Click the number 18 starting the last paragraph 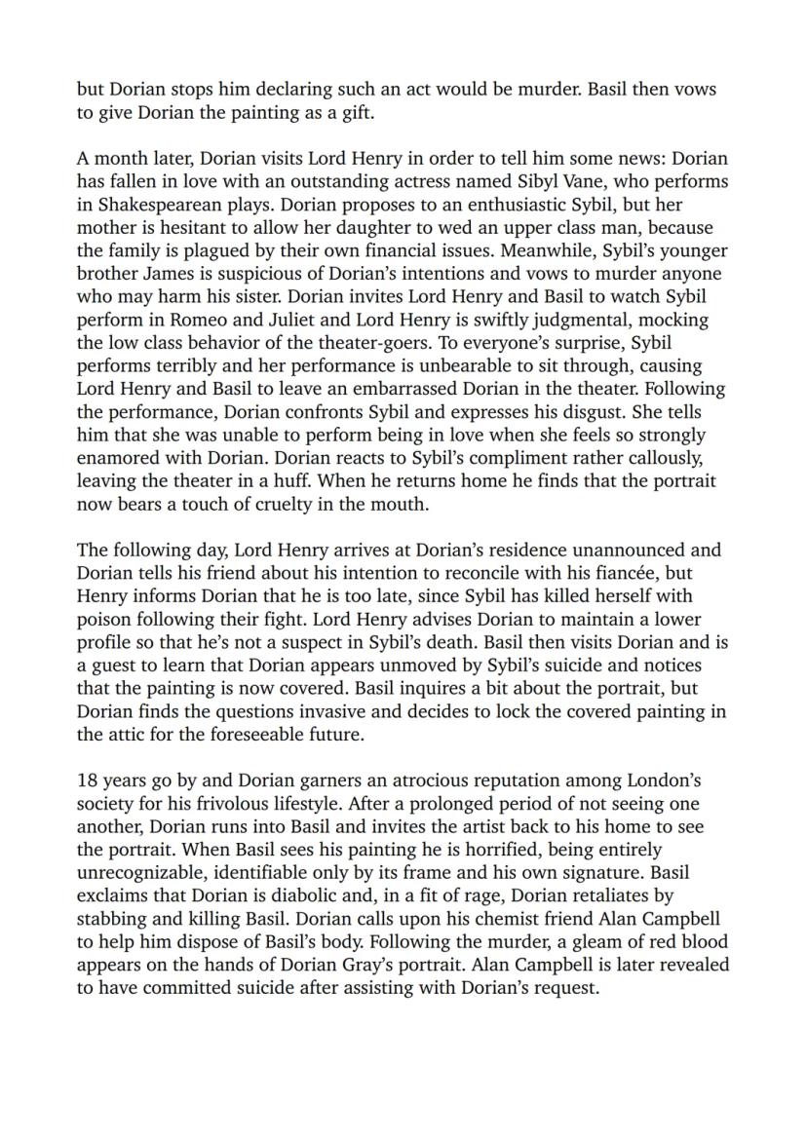88,780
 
